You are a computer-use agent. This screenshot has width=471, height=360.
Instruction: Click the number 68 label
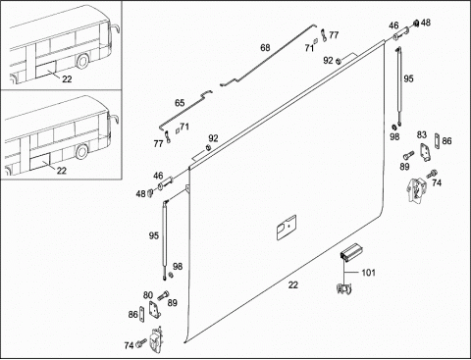pos(265,48)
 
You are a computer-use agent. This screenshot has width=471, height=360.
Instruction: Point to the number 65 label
pos(180,103)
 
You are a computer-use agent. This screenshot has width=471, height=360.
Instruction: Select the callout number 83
pos(422,134)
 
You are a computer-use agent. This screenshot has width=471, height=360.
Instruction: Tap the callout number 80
pos(148,295)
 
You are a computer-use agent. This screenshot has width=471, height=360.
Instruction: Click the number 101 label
pos(368,273)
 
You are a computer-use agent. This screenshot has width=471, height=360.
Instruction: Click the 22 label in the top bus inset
pos(67,79)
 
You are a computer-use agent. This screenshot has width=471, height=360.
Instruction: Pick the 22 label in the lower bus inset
pos(62,171)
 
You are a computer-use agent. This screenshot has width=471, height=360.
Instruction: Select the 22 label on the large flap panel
pos(293,284)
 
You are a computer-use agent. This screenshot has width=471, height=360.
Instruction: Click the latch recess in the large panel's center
pos(287,228)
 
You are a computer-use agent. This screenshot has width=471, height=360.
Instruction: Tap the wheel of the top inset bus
pos(82,61)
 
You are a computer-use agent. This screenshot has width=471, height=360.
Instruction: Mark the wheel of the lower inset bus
pos(81,152)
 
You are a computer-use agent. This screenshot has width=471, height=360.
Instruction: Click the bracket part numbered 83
pos(426,152)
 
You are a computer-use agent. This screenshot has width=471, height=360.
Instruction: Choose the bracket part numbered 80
pos(154,309)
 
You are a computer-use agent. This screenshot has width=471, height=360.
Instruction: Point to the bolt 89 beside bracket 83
pos(409,154)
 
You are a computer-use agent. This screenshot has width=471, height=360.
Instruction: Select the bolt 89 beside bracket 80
pos(163,295)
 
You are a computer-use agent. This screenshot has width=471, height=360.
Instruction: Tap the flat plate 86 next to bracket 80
pos(141,314)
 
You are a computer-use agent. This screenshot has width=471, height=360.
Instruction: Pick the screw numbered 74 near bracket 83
pos(432,174)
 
